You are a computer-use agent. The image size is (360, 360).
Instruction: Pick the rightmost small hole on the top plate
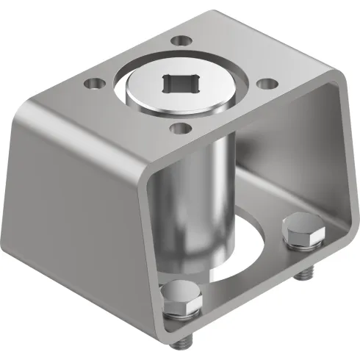coord(267,84)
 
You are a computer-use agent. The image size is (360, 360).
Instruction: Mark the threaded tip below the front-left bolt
coord(184,341)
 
